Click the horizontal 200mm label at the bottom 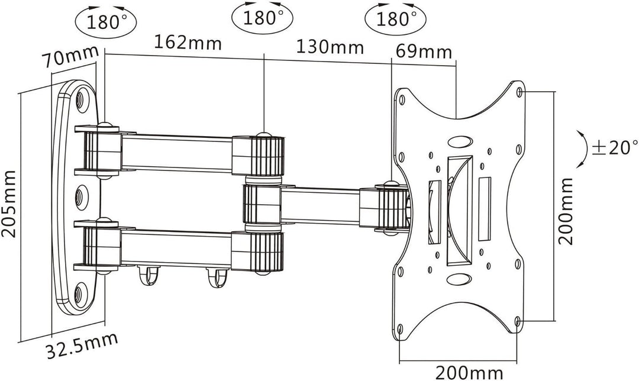click(x=469, y=373)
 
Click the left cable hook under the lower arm click(x=144, y=274)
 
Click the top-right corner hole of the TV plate click(x=519, y=92)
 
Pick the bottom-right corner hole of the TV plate click(x=518, y=321)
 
